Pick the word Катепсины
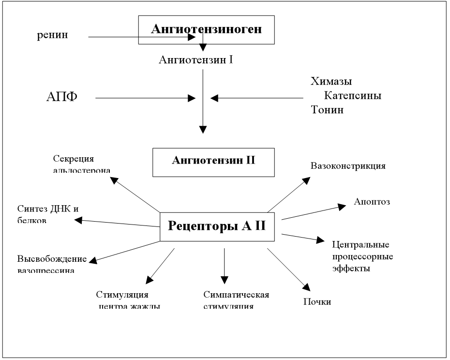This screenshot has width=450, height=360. pos(353,95)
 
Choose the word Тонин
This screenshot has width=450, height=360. pos(327,110)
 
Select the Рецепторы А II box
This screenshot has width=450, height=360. pos(217,226)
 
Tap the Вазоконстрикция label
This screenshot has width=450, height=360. pos(348,166)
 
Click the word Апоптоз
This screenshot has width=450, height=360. pos(372,200)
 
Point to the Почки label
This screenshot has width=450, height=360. pos(317,302)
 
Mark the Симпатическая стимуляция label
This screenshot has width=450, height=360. pos(236,300)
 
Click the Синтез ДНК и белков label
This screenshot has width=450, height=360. pos(47,214)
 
